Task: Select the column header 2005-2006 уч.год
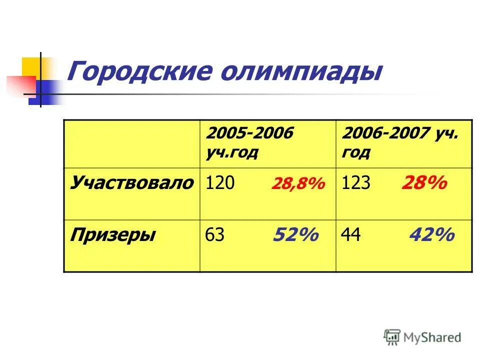250,142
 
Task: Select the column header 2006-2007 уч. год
400,142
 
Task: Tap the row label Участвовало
131,183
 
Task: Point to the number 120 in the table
220,183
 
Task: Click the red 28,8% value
298,184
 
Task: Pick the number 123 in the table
356,183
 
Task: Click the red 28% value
423,183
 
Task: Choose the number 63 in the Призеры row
215,235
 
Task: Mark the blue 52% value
295,234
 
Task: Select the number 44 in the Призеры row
351,235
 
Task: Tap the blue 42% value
431,234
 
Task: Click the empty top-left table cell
131,143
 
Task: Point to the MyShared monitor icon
392,337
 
